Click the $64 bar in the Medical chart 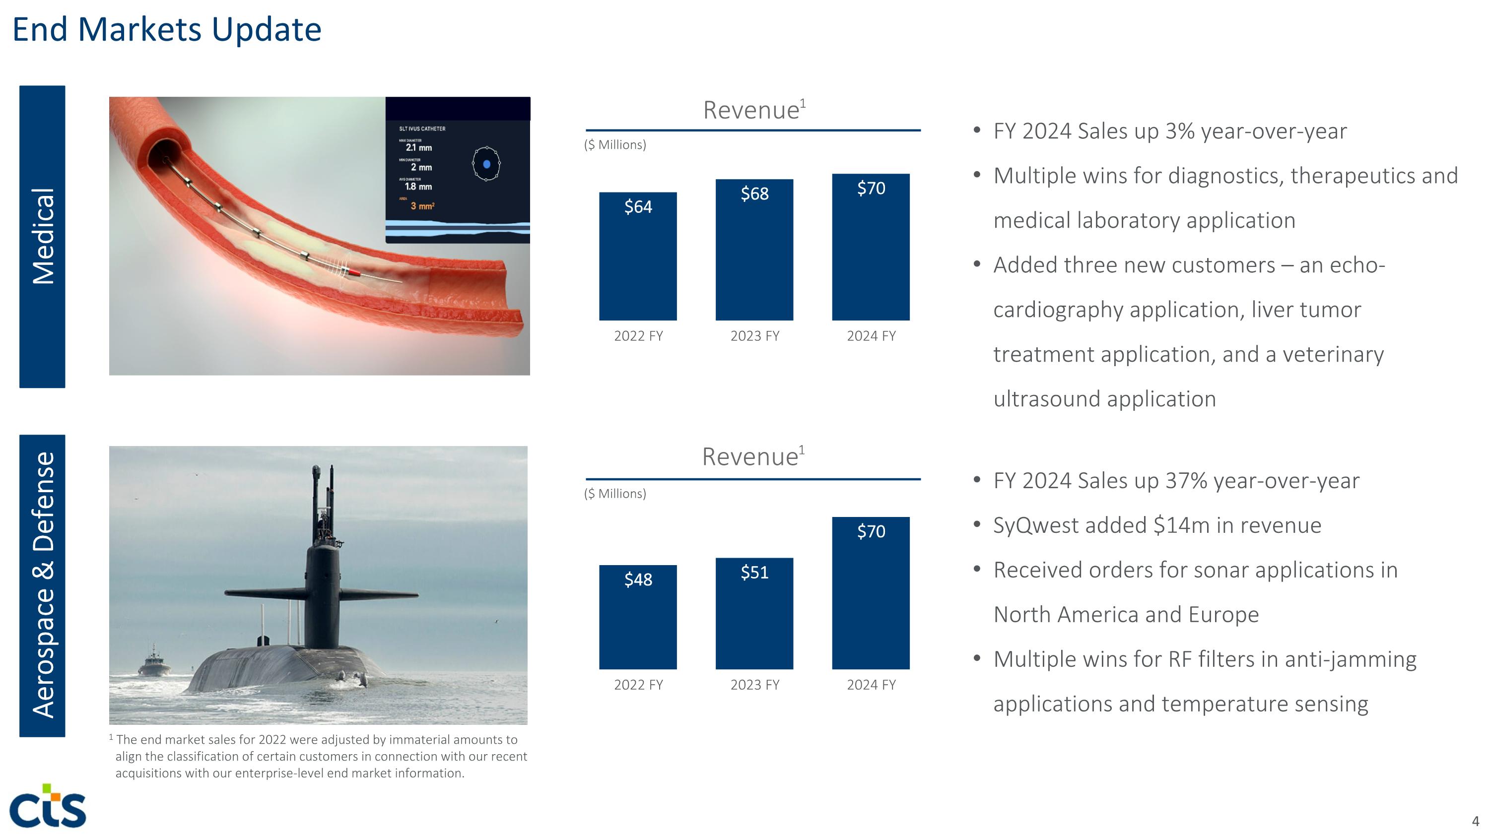638,257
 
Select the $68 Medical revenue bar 754,250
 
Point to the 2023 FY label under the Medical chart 754,336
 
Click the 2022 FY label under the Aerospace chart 638,685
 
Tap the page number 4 1475,821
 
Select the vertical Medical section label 42,236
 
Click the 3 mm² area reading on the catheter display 422,206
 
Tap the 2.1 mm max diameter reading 418,148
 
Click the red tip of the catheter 354,271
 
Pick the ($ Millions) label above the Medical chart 614,145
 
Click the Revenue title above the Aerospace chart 750,457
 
